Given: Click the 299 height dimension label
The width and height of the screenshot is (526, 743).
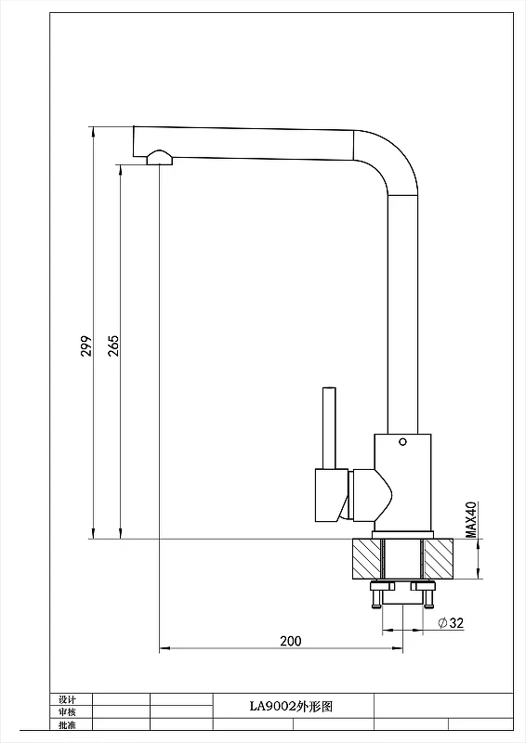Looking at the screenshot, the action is pos(86,345).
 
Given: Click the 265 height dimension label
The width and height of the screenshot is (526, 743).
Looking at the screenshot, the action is pos(113,345).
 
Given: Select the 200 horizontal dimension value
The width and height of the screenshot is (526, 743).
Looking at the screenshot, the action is pos(290,641).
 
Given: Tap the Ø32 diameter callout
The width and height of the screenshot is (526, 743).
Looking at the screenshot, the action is pos(451,622).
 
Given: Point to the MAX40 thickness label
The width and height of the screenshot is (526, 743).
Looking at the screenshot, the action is pos(470,520).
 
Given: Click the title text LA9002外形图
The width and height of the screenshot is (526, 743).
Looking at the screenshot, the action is pos(291,707).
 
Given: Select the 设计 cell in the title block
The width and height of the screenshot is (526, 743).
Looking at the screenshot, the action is pos(67,699).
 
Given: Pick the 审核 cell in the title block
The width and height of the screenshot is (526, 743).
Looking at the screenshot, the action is pos(67,711).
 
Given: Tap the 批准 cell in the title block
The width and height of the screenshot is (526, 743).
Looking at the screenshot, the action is pos(67,724).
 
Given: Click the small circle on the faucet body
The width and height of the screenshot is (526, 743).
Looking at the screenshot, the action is pos(402,442).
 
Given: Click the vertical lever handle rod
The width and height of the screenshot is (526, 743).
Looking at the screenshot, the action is pos(329,428).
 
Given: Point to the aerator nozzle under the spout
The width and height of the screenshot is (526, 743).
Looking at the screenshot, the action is pos(159,157).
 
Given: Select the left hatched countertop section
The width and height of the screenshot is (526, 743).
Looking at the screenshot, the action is pos(367,559).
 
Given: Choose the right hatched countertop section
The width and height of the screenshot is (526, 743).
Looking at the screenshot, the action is pos(439,559).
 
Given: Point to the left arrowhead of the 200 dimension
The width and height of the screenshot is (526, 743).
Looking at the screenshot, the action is pos(164,647).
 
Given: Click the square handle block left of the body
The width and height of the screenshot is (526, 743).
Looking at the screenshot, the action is pos(332,495).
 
